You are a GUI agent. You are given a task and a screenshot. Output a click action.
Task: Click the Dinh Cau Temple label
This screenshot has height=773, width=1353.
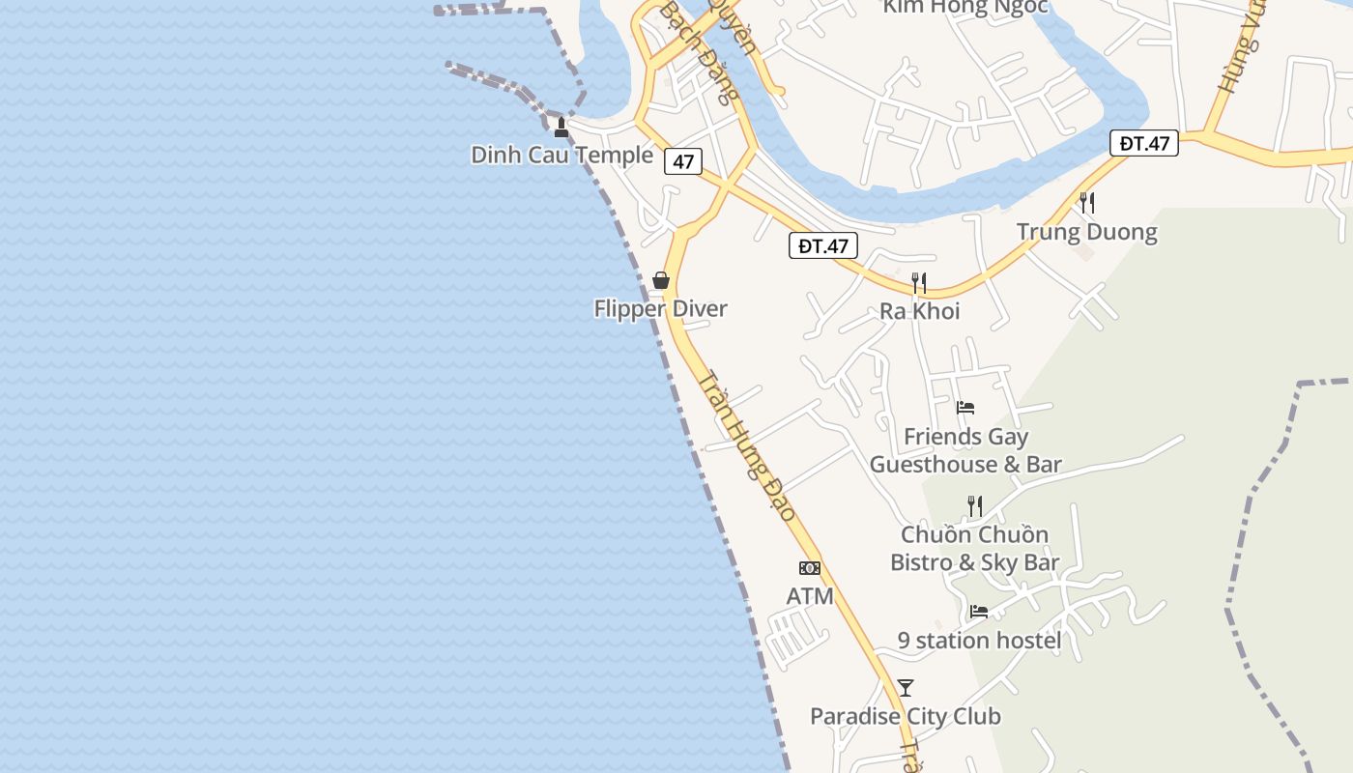[x=561, y=155]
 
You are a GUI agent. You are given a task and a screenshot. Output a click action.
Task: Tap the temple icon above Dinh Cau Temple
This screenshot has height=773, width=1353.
[x=561, y=127]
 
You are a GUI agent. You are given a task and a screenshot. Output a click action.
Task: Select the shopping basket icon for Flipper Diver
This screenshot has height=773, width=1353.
[x=661, y=280]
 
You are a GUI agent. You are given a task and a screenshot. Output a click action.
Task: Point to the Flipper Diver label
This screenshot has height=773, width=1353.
[x=660, y=309]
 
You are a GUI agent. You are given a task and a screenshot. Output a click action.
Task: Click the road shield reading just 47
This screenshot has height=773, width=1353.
[x=683, y=161]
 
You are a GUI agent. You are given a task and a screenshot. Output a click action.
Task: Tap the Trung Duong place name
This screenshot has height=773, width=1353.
[x=1086, y=232]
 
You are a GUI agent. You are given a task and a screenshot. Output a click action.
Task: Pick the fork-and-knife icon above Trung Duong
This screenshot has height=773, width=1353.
[x=1087, y=202]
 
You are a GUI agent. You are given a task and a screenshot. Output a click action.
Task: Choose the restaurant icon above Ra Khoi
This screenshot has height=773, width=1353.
[x=919, y=283]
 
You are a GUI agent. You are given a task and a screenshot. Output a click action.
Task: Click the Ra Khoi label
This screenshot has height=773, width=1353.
[x=919, y=311]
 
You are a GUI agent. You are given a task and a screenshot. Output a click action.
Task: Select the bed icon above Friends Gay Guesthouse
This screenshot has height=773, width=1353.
[x=965, y=408]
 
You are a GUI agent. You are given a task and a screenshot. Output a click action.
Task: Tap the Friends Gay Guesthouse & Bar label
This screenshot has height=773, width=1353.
[x=965, y=451]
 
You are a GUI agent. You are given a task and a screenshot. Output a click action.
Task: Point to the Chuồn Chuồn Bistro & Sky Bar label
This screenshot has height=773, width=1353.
[x=974, y=549]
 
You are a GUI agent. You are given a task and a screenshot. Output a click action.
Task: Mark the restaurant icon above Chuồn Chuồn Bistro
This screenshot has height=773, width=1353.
[x=975, y=505]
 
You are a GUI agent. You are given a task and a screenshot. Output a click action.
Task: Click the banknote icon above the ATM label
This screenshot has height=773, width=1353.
[x=810, y=568]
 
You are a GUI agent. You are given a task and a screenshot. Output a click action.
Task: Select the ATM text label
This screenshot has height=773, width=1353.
[x=810, y=597]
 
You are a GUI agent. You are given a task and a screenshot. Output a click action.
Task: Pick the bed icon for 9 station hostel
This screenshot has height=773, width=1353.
[x=979, y=612]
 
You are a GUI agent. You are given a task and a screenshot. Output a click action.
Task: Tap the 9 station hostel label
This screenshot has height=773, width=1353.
[x=979, y=641]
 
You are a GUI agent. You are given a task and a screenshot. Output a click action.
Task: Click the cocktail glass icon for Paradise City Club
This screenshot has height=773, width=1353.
[x=906, y=688]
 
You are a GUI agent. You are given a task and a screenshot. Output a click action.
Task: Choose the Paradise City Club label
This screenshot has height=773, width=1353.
[x=906, y=717]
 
